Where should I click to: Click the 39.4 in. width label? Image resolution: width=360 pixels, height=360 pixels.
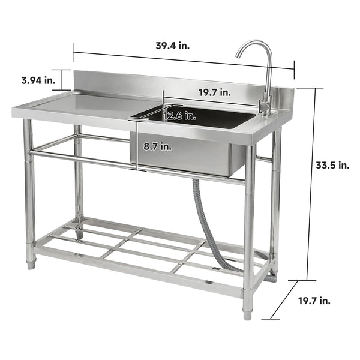[172, 46]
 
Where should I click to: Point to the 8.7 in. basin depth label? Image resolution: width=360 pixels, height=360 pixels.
[158, 146]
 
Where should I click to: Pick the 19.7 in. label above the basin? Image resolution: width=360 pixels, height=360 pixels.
[215, 92]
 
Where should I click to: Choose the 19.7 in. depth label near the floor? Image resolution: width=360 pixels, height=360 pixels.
[313, 301]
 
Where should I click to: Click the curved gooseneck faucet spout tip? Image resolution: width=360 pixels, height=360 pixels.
[238, 55]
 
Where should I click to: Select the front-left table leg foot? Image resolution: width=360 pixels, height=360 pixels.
[31, 263]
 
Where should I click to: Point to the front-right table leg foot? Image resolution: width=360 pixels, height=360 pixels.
[247, 313]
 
